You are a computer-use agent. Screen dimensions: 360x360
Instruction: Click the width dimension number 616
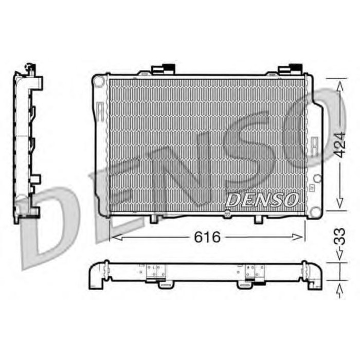[208, 237]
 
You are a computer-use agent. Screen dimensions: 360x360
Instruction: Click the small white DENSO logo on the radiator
[262, 200]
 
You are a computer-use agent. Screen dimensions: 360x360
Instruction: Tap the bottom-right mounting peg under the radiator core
[258, 219]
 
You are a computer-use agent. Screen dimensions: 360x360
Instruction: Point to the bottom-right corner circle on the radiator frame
[317, 178]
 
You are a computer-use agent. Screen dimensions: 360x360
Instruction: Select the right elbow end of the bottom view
[314, 278]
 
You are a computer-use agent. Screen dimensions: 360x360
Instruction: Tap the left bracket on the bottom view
[156, 274]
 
